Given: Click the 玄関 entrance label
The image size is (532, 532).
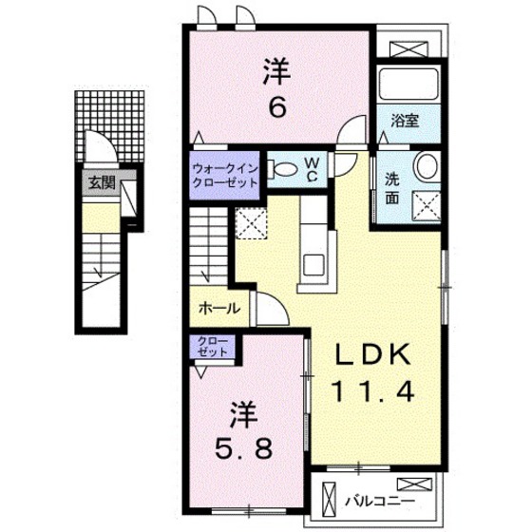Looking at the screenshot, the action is (x=102, y=183).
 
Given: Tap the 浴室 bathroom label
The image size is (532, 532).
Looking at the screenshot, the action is (x=405, y=121).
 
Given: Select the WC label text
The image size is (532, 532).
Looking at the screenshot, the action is (x=313, y=170).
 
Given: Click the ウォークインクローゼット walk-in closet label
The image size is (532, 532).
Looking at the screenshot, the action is (x=224, y=176).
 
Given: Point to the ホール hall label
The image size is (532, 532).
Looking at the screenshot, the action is (x=219, y=309).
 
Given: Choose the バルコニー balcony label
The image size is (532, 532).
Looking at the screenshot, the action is (x=380, y=501).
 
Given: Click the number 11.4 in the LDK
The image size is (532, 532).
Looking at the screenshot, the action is (x=372, y=391).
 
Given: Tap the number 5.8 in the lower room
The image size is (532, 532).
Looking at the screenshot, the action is (x=243, y=447).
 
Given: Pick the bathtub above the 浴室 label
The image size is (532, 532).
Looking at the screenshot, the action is (x=408, y=85).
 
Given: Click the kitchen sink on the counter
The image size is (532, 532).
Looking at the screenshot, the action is (x=313, y=265).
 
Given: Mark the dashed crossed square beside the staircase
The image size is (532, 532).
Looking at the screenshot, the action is (x=251, y=224).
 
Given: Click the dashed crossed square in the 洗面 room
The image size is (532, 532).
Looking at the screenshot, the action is (x=427, y=206).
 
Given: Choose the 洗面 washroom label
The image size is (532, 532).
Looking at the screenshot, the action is (x=391, y=189).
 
